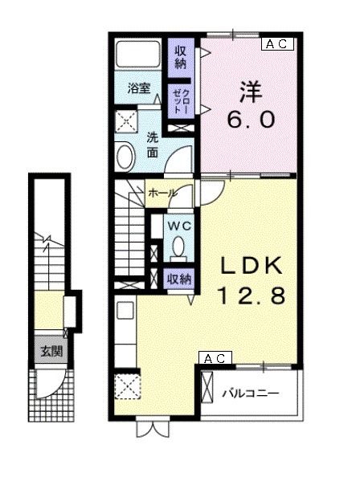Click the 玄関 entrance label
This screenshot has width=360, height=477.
point(51,352)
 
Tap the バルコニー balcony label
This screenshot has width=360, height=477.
point(250,394)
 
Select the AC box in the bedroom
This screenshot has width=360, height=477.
point(277,44)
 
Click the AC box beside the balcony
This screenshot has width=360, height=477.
point(215,358)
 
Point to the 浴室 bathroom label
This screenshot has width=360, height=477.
point(139,88)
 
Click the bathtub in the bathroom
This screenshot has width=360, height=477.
point(138,54)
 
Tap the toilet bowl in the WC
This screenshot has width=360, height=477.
point(178,247)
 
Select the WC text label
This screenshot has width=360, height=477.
point(179,226)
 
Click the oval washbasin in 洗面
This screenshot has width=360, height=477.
point(125,157)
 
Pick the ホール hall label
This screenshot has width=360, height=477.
point(163,193)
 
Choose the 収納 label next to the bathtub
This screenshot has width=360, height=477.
point(180,58)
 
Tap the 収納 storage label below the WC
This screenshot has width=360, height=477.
point(179,279)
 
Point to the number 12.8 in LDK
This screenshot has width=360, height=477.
point(251,296)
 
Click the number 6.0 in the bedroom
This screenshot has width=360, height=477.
point(251,120)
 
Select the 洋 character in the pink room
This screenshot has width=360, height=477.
point(251,92)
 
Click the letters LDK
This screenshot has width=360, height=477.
point(251,266)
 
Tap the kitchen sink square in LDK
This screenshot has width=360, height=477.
point(125,310)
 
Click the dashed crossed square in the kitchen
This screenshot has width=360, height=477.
point(128,386)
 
